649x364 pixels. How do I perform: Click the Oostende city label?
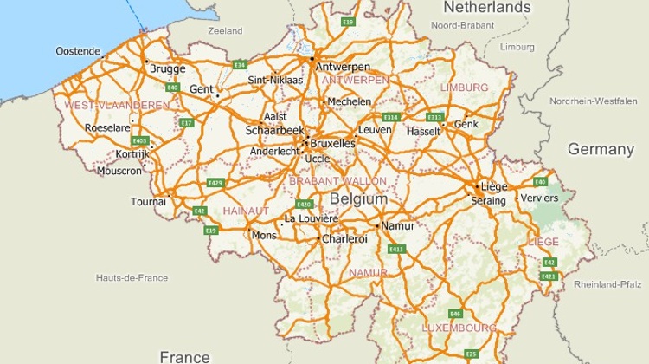pos(78,51)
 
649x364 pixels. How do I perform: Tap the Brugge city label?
pos(167,68)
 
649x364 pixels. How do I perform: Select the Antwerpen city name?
pos(343,67)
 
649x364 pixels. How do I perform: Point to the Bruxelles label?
pos(332,142)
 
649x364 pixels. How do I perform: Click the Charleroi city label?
pos(344,238)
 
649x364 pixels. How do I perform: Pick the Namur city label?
pos(398,225)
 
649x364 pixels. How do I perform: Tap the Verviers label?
pos(538,198)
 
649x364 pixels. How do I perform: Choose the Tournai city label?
pos(148,202)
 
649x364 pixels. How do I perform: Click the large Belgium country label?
pos(358,199)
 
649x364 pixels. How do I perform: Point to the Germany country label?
pos(601,149)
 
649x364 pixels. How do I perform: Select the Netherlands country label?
pos(486,8)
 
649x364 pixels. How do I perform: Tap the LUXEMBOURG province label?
pos(459,328)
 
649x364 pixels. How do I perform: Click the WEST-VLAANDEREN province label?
pos(117,105)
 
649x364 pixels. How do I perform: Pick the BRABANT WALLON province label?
pos(338,181)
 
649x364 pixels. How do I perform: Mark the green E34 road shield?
pos(241,65)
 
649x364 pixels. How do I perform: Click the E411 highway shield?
pos(397,249)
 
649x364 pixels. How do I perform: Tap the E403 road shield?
pos(139,140)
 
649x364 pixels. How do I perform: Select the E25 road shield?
pos(471,354)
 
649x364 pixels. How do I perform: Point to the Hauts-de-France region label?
pos(132,277)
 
